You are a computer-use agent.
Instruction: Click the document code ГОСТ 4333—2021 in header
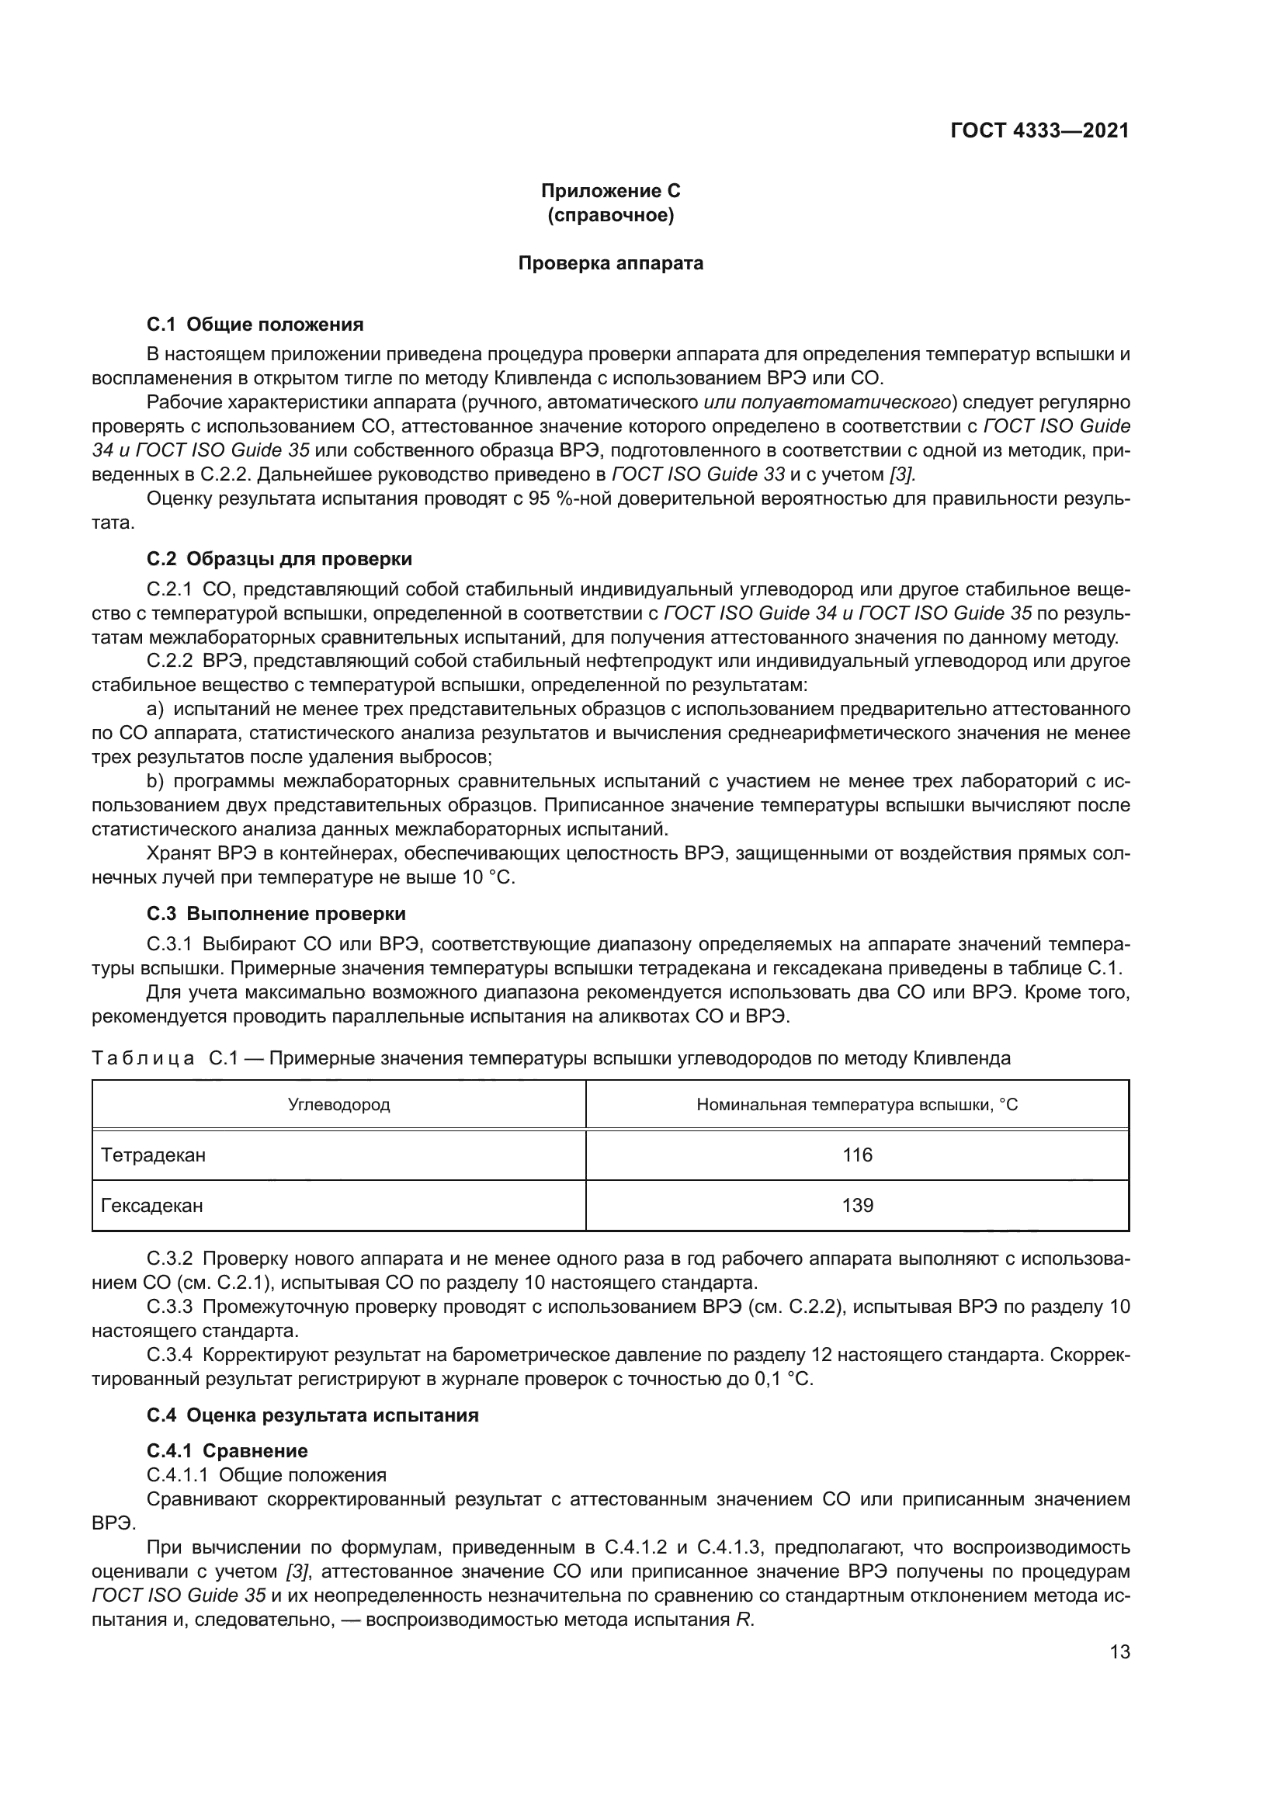1039,131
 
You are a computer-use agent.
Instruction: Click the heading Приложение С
610,192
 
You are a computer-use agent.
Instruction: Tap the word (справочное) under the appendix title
610,215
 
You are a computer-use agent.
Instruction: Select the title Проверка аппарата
610,263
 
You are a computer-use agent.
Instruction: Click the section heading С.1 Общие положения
255,325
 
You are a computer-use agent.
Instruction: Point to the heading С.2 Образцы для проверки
279,559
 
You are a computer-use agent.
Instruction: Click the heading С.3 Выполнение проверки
276,914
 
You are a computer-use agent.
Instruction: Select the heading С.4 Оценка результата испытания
312,1415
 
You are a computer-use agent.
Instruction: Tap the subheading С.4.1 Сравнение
227,1450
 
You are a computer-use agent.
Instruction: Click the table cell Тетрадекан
154,1155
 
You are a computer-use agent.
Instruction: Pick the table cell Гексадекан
152,1206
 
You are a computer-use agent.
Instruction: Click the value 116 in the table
857,1155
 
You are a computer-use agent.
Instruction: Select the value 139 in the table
857,1206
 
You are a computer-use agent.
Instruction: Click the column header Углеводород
338,1104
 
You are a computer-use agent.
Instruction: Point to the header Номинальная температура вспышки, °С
857,1104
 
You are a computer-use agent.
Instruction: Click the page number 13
1119,1651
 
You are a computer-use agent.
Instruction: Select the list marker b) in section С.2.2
155,782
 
